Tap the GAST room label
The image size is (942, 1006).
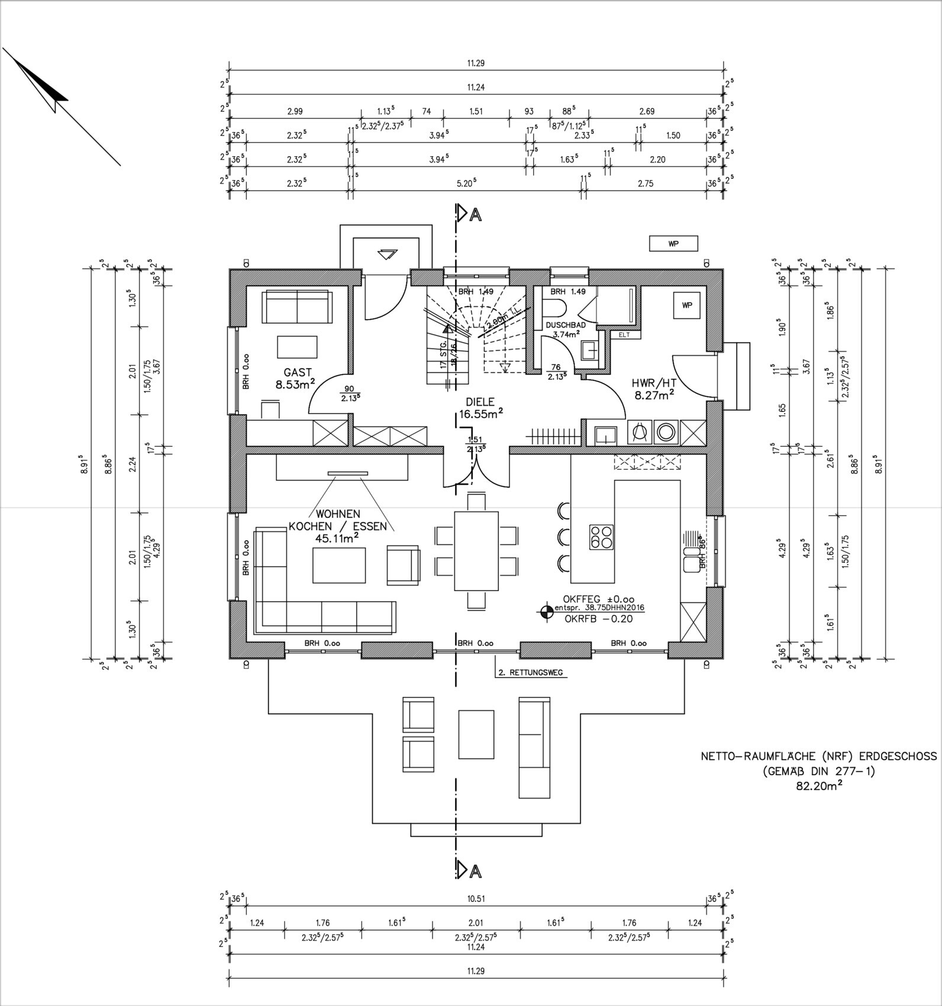pos(298,372)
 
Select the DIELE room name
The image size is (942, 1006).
pos(480,402)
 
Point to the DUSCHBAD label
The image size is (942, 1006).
pos(566,325)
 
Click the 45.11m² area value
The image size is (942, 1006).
pos(337,538)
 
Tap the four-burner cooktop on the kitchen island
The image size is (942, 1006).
pos(601,537)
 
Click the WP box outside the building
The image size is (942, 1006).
pos(673,243)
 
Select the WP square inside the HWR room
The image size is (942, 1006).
pos(686,305)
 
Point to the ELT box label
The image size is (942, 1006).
pos(624,335)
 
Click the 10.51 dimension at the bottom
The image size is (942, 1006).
pos(476,898)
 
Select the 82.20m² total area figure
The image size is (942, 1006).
pos(819,786)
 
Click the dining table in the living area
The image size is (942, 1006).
pos(476,551)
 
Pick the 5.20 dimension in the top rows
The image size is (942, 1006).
pos(466,183)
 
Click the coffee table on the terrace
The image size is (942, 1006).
pos(476,734)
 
